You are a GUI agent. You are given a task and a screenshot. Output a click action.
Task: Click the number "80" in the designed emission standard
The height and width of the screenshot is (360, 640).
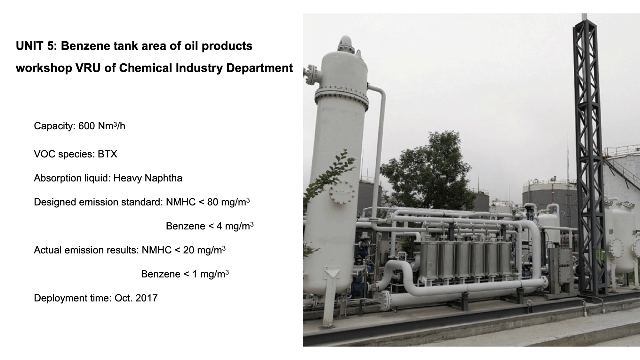click(x=213, y=202)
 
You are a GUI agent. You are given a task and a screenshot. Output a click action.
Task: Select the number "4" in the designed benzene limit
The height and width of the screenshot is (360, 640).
click(x=219, y=226)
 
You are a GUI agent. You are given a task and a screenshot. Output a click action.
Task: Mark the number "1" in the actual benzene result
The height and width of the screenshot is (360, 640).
click(x=195, y=274)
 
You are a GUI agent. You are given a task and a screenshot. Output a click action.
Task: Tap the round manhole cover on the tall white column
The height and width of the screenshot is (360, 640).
click(x=342, y=192)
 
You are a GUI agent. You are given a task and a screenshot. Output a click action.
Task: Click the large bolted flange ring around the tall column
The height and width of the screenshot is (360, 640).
click(x=342, y=95)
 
